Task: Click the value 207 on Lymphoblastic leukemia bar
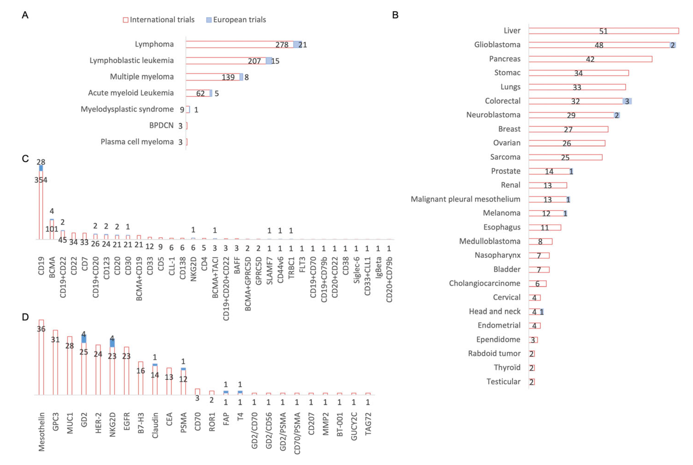254,61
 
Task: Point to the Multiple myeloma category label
142,77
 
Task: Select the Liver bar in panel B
603,31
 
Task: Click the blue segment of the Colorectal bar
627,101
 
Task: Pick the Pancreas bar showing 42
590,59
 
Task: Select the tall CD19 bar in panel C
41,205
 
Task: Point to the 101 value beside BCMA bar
52,229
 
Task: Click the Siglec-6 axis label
356,270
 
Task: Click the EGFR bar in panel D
127,371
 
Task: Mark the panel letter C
25,159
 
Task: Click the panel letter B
395,15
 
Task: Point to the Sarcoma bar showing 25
565,157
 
